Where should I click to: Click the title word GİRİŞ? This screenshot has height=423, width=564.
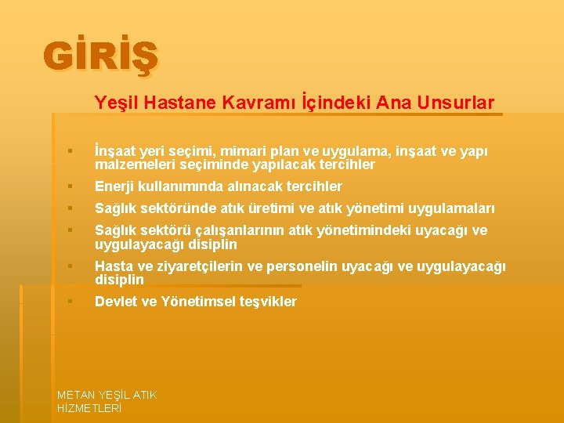101,57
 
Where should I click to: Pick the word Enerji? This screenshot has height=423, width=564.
114,186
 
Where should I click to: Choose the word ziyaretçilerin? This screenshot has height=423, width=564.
197,266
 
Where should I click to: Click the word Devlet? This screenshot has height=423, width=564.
115,302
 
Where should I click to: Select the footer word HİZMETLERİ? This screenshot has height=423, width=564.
89,408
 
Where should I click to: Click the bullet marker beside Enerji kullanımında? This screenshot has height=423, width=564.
70,186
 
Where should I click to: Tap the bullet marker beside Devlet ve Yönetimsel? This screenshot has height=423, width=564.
70,302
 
